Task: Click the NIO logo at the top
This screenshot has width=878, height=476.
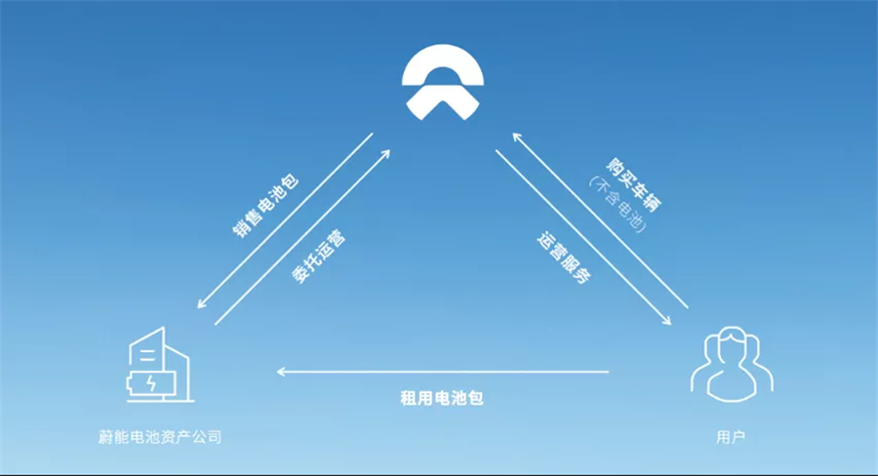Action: [442, 82]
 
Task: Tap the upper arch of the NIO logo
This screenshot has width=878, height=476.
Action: [442, 64]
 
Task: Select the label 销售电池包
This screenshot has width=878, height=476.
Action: [266, 206]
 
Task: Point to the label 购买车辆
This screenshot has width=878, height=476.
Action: [634, 184]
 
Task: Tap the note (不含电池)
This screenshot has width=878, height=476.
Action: [619, 205]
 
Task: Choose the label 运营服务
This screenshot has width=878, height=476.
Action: [565, 258]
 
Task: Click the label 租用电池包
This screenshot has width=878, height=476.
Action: [442, 398]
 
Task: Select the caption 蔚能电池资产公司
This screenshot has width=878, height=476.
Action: [160, 437]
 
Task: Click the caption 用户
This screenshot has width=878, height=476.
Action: [731, 437]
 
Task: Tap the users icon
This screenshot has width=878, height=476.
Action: [732, 365]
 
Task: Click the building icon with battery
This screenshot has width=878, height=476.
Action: [159, 365]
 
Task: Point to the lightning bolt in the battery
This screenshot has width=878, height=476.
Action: [151, 383]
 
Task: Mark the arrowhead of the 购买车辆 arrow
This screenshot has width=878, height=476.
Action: [517, 137]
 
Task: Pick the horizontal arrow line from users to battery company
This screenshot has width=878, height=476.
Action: [443, 372]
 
